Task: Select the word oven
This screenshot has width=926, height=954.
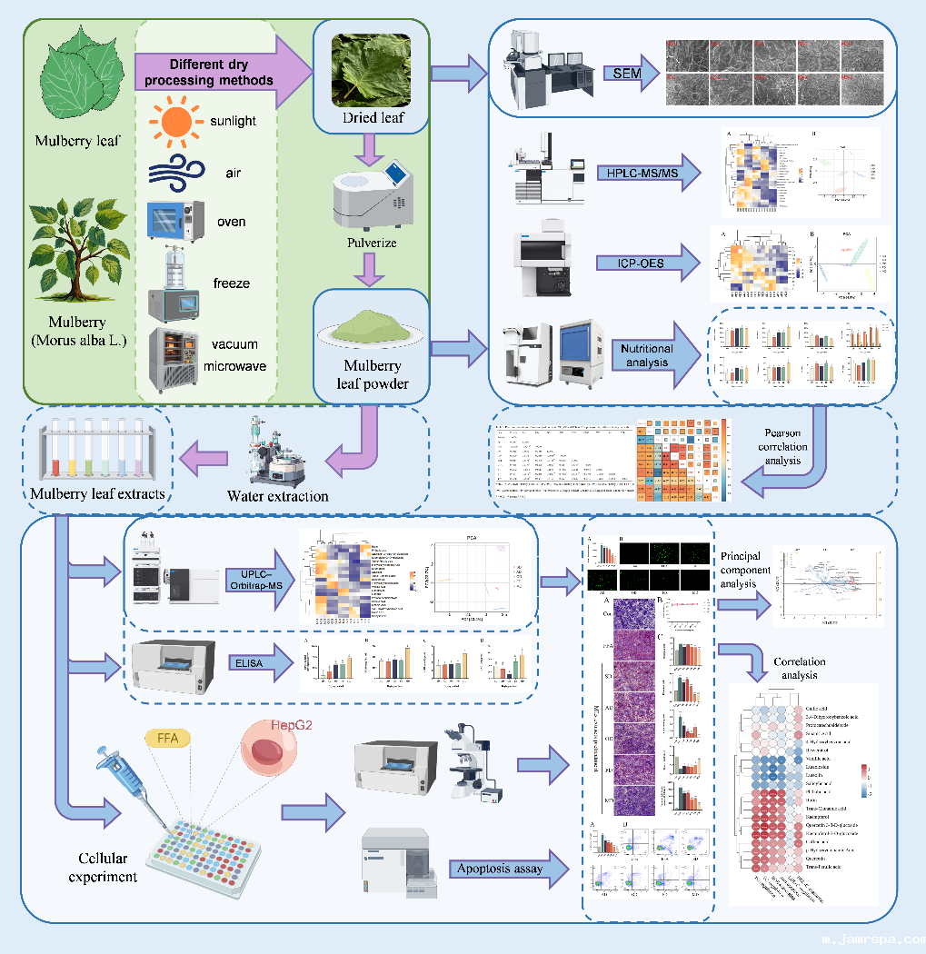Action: click(x=232, y=222)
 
